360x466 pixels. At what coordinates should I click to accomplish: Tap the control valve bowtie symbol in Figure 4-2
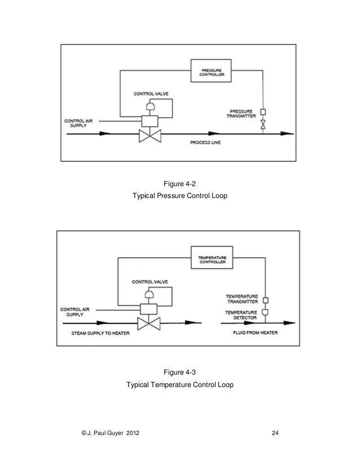(151, 134)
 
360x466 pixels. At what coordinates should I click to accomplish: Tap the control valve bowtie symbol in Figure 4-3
(151, 323)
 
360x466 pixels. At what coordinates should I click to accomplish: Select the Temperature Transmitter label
(242, 298)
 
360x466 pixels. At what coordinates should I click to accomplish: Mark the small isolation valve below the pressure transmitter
(262, 126)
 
